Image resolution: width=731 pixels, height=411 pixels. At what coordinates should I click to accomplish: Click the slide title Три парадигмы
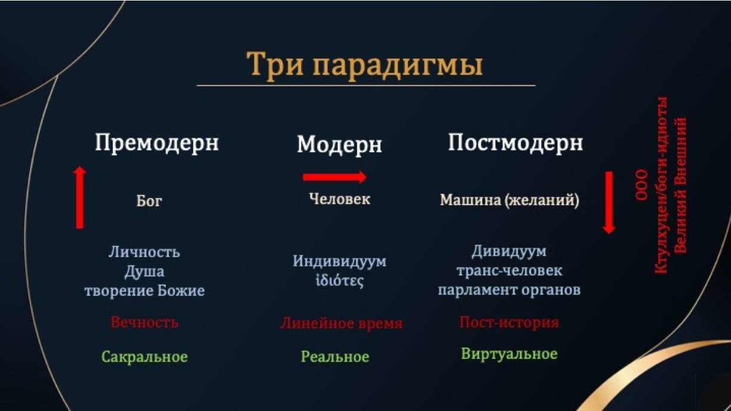(x=365, y=65)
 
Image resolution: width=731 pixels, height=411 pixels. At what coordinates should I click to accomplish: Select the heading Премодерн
(x=157, y=143)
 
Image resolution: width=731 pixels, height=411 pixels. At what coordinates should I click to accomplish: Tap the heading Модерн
(x=340, y=145)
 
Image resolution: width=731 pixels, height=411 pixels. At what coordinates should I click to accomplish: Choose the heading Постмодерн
(x=515, y=143)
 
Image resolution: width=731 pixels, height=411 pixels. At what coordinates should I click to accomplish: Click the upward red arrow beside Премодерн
(x=80, y=197)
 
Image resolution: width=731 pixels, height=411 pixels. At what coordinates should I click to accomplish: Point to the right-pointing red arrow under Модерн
(x=334, y=177)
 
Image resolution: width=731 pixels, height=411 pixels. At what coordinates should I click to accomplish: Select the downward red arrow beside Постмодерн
(x=609, y=203)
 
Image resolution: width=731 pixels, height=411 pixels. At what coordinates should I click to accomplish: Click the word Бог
(x=149, y=201)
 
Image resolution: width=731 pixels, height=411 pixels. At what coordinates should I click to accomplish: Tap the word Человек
(x=340, y=199)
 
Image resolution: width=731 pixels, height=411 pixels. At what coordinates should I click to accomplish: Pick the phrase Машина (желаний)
(x=509, y=200)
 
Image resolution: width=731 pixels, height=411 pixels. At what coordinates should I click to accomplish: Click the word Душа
(x=144, y=272)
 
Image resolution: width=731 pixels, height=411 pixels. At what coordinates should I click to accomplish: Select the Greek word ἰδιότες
(x=340, y=281)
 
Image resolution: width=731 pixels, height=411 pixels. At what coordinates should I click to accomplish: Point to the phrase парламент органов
(x=509, y=290)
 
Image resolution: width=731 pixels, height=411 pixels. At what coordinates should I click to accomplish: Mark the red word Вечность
(x=145, y=322)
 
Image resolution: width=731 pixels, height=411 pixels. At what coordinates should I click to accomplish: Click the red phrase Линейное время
(x=341, y=323)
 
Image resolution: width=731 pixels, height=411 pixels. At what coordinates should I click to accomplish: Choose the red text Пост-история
(x=509, y=322)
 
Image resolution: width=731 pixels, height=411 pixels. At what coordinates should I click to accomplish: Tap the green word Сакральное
(x=145, y=357)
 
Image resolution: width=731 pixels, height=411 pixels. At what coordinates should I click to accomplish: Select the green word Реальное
(x=335, y=357)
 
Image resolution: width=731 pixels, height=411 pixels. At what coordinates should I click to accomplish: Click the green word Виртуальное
(x=509, y=354)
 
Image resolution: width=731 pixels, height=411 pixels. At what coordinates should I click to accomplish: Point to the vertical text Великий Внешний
(x=681, y=185)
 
